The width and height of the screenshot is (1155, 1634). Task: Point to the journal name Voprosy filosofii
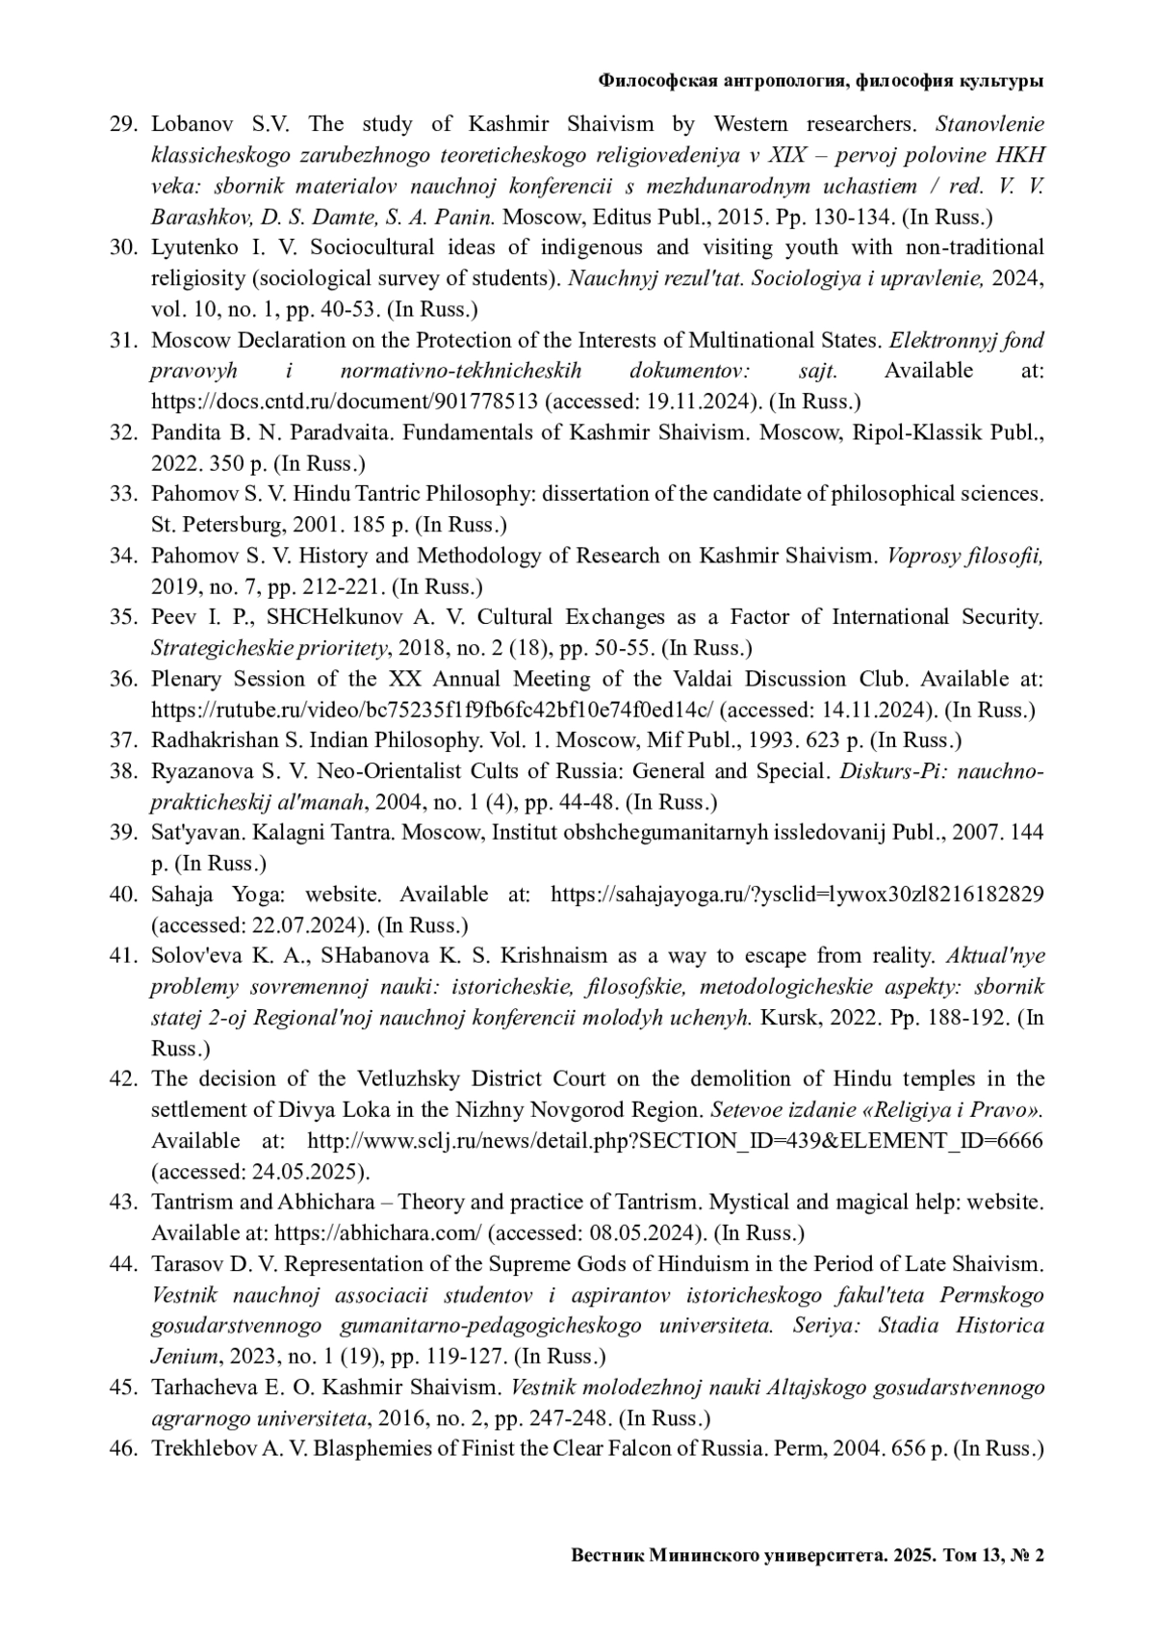pos(964,556)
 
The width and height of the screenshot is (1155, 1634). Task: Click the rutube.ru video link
pos(432,710)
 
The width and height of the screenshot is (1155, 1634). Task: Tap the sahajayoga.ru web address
pos(796,895)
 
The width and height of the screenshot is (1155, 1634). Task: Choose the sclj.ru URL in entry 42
pos(674,1141)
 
